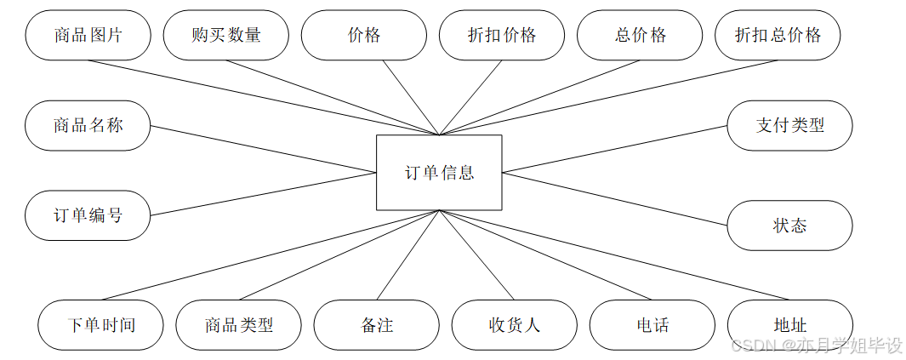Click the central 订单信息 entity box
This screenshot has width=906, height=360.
pyautogui.click(x=439, y=172)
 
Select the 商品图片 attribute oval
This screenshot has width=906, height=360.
pyautogui.click(x=88, y=35)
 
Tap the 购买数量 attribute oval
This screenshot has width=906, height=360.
pyautogui.click(x=226, y=35)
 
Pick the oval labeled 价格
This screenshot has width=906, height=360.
pyautogui.click(x=364, y=35)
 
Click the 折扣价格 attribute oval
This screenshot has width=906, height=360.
pyautogui.click(x=502, y=35)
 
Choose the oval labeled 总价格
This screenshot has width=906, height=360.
pyautogui.click(x=640, y=35)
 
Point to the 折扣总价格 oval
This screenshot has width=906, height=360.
pyautogui.click(x=778, y=35)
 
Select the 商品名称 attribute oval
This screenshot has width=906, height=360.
pyautogui.click(x=88, y=126)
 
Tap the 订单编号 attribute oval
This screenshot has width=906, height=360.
pyautogui.click(x=88, y=215)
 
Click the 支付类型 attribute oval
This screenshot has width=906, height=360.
pyautogui.click(x=789, y=126)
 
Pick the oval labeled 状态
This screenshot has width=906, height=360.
pyautogui.click(x=789, y=226)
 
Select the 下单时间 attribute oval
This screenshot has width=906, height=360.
pyautogui.click(x=100, y=325)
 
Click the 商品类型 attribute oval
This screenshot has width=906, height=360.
pyautogui.click(x=238, y=325)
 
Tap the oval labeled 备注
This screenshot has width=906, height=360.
pyautogui.click(x=376, y=325)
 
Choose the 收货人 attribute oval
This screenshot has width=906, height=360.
pyautogui.click(x=514, y=325)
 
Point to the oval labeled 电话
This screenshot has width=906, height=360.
pyautogui.click(x=652, y=325)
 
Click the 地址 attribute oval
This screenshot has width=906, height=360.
pyautogui.click(x=789, y=325)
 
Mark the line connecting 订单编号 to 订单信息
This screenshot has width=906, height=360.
pyautogui.click(x=264, y=194)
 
